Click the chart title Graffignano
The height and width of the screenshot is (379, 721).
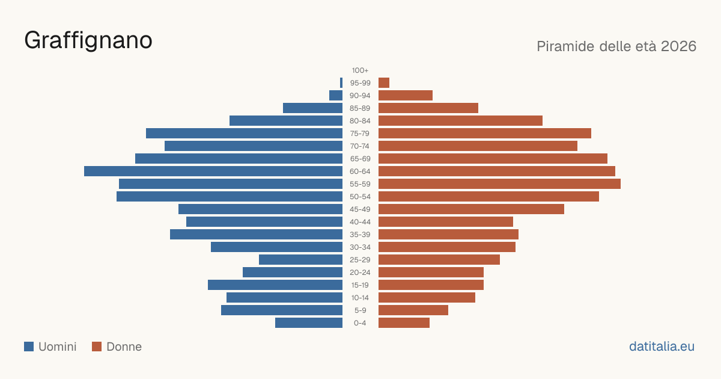[88, 41]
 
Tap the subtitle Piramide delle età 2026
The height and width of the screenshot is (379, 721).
[616, 46]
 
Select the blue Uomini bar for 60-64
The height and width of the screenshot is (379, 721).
[213, 171]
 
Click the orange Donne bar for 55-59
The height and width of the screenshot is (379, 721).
[499, 183]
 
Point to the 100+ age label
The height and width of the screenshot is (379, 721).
[360, 70]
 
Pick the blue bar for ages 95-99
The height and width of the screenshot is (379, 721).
[341, 83]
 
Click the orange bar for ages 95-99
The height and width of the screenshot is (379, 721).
[384, 83]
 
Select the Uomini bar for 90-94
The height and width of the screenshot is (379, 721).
[336, 96]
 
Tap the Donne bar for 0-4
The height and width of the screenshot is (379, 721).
[404, 323]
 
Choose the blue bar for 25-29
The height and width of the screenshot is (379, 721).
[300, 260]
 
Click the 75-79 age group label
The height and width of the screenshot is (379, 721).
[360, 134]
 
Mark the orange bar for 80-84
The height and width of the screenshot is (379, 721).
[461, 121]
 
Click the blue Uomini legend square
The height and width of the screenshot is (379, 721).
[29, 347]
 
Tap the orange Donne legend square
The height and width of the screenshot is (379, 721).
[97, 347]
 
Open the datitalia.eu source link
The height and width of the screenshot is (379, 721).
[662, 347]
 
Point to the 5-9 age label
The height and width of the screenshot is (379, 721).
[360, 310]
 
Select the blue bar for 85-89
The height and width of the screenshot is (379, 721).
[312, 108]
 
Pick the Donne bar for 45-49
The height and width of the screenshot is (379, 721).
[471, 209]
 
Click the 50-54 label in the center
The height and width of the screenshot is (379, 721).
[360, 197]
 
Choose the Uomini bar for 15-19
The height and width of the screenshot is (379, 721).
[275, 285]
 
